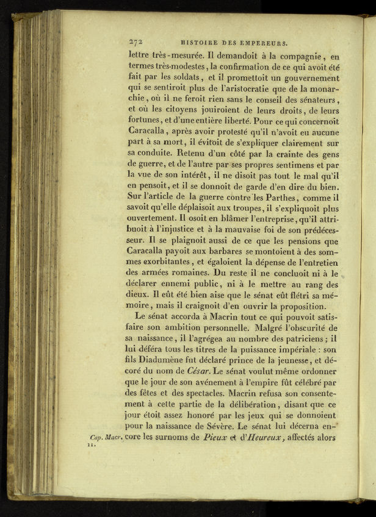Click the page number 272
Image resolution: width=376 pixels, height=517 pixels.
pos(135,42)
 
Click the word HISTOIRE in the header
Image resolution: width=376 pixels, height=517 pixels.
pos(201,43)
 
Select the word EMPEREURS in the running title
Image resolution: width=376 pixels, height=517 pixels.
pos(262,43)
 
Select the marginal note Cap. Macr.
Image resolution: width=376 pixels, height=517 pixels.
pos(106,438)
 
